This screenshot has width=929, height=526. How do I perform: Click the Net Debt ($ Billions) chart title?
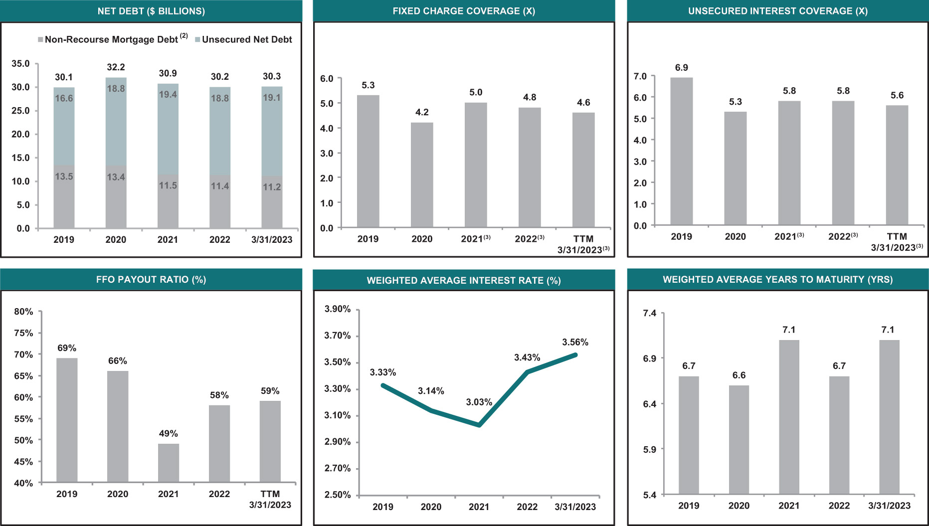tap(151, 11)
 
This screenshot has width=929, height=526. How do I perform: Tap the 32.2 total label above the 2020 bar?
tap(116, 67)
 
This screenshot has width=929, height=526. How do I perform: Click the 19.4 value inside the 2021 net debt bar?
tap(168, 95)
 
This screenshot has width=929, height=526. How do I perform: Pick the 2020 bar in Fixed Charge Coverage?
tap(422, 175)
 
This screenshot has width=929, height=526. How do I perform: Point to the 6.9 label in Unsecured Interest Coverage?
tap(681, 68)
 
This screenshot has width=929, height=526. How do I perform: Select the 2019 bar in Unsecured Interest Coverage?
tap(681, 151)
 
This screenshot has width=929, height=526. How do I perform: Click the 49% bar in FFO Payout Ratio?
tap(169, 463)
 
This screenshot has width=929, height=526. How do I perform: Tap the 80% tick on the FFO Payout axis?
tap(23, 312)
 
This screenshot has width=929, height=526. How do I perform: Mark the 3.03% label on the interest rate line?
tap(479, 402)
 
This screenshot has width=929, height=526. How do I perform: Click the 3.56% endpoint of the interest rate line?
tap(575, 355)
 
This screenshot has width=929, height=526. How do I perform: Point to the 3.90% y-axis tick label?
tap(338, 309)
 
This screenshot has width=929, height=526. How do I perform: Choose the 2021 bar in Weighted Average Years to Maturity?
tap(789, 417)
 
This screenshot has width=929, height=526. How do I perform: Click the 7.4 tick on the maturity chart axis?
tap(650, 313)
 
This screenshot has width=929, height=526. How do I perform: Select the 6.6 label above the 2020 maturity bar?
tap(739, 375)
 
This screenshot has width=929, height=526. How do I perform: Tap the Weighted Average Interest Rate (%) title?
tap(464, 280)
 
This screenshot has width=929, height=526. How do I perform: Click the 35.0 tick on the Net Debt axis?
tap(20, 64)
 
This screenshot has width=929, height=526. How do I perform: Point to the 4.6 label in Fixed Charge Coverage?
tap(583, 103)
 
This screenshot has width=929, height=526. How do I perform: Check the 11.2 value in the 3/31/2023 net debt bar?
tap(272, 187)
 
